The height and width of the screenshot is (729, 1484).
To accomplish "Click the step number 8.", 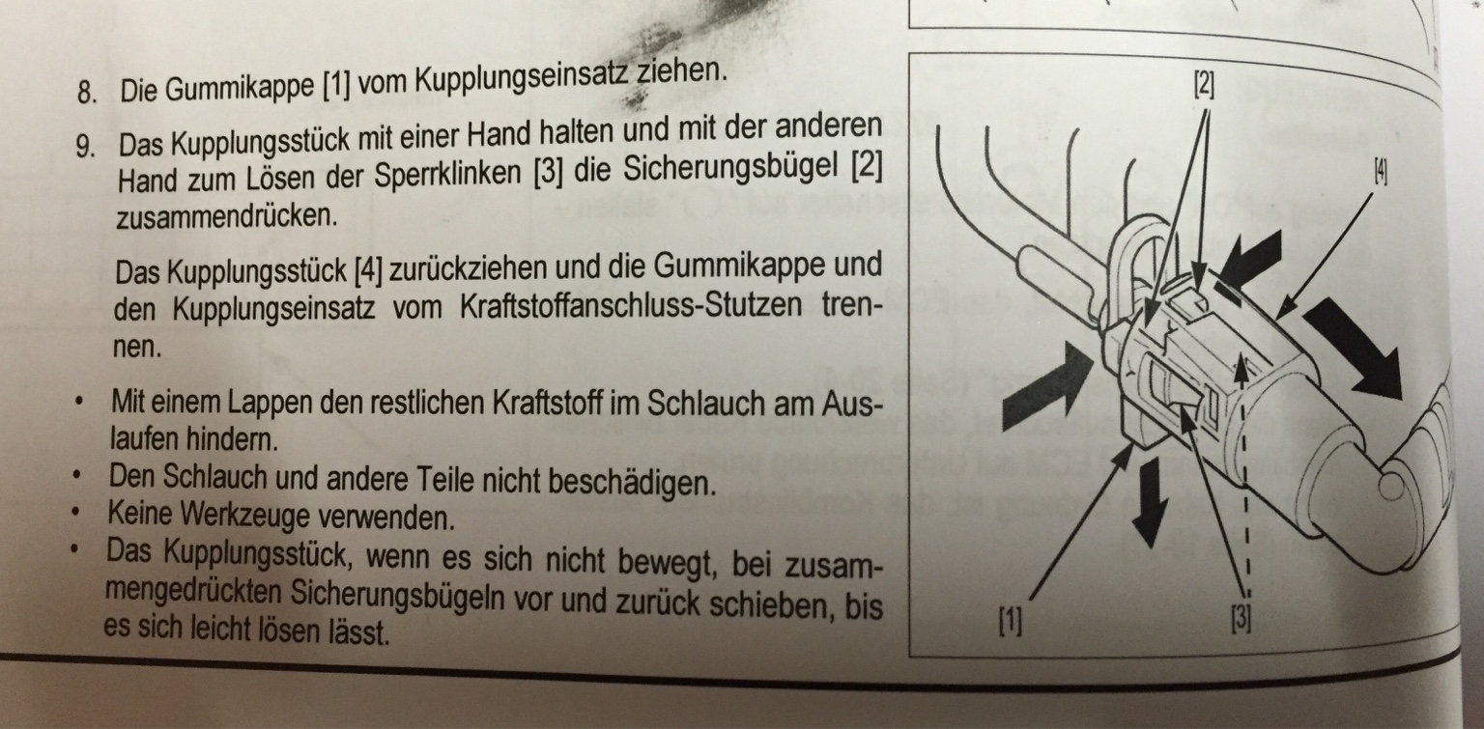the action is point(87,93).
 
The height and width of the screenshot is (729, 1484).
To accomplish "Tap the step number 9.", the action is point(85,147).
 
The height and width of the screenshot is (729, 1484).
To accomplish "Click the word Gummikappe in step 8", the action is point(240,89).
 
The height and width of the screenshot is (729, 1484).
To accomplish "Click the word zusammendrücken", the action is point(227,216).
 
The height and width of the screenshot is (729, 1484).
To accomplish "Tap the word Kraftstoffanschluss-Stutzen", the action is point(631,306).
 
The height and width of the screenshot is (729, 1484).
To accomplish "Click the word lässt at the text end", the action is point(357,632).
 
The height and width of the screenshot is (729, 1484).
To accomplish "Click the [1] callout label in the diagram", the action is point(1011,622).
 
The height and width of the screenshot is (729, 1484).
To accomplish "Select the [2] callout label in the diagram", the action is point(1204,85).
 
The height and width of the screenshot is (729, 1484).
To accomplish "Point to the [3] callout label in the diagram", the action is point(1241,619).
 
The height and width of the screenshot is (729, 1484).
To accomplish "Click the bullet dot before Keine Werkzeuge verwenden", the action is point(77,511).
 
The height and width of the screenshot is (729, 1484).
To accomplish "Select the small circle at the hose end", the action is point(1391,487).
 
